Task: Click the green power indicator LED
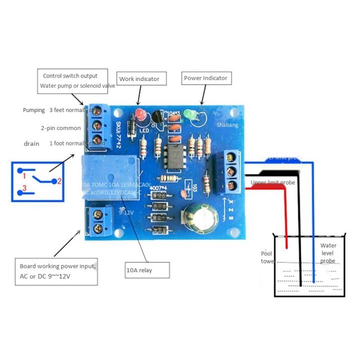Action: click(189, 114)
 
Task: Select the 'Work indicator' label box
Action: click(139, 79)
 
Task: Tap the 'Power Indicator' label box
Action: click(205, 78)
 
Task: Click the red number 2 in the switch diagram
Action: click(58, 181)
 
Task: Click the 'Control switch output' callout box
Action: click(73, 81)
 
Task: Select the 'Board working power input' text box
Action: click(56, 271)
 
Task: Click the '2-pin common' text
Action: click(60, 128)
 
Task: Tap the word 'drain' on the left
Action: click(31, 143)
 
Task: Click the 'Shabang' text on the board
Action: click(227, 126)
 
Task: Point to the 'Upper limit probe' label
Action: click(272, 182)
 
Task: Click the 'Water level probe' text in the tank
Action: click(328, 253)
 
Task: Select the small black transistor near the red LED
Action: click(157, 117)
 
